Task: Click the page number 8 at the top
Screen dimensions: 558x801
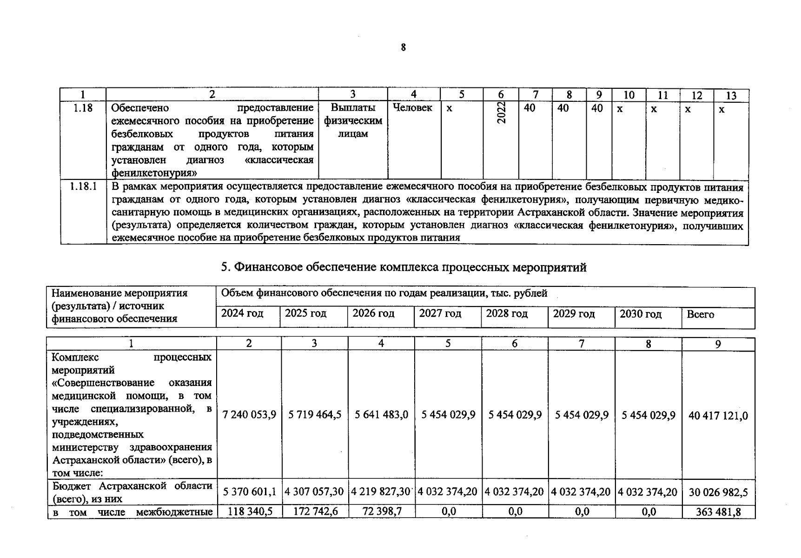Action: (x=403, y=47)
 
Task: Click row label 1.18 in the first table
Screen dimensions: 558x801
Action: (x=83, y=108)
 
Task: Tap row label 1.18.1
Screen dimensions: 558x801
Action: (x=83, y=186)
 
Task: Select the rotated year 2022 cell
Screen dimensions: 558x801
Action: (x=501, y=113)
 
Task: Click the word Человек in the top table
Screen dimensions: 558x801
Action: (x=412, y=108)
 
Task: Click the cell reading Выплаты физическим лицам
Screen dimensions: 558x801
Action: (x=353, y=121)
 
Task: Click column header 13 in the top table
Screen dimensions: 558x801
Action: (x=731, y=96)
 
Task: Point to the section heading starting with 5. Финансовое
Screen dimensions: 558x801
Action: (x=403, y=267)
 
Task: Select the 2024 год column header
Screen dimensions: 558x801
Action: (x=242, y=313)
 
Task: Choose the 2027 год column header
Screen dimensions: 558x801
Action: (x=440, y=313)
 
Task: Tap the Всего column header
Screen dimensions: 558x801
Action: (x=700, y=314)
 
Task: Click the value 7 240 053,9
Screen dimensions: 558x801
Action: (x=249, y=415)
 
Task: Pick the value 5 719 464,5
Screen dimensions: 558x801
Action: (x=315, y=415)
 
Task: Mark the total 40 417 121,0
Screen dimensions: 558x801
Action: (x=718, y=416)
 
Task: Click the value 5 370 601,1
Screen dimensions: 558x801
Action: (x=250, y=492)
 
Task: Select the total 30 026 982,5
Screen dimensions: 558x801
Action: (x=718, y=492)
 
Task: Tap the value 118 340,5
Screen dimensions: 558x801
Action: (x=250, y=511)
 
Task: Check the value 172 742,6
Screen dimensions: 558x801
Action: (x=315, y=511)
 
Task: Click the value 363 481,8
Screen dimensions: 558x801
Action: (x=718, y=512)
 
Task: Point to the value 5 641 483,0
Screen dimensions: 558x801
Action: (x=381, y=415)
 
